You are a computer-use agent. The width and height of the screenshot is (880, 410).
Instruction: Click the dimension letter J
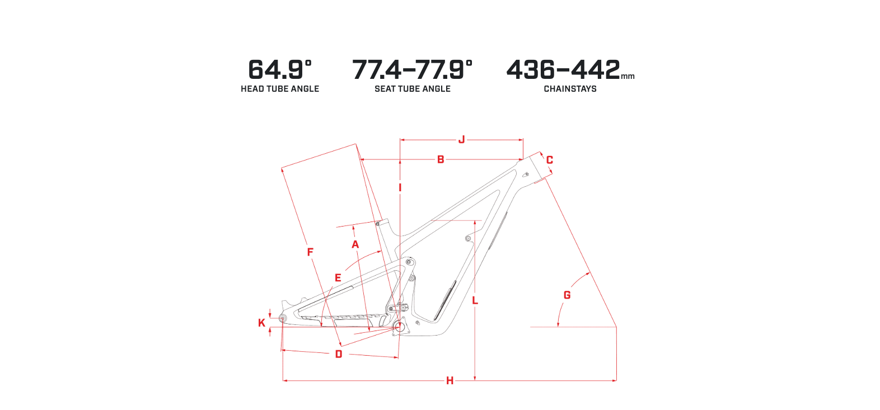(x=462, y=139)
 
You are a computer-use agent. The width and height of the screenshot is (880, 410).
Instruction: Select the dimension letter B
(x=441, y=159)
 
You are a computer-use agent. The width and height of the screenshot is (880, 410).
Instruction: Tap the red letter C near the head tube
(x=550, y=160)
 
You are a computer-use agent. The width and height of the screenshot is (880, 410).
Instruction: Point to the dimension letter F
(x=310, y=252)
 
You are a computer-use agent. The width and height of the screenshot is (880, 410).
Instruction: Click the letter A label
(x=355, y=244)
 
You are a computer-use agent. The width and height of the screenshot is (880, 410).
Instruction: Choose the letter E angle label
(x=338, y=278)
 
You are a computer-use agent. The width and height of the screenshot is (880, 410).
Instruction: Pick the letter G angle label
(x=567, y=295)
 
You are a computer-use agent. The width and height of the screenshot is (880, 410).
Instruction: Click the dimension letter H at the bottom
(x=450, y=380)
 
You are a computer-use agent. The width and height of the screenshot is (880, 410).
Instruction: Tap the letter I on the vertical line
(x=400, y=188)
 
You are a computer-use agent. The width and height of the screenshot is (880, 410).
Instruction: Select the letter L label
(x=475, y=301)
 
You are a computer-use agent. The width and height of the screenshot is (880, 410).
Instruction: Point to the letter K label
(x=261, y=323)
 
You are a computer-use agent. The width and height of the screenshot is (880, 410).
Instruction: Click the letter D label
(x=339, y=354)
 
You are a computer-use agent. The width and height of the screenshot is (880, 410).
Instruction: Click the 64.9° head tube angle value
(x=280, y=70)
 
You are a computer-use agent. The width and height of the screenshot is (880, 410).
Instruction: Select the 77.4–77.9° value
(x=412, y=70)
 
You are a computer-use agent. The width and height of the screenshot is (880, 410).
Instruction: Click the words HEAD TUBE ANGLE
(x=280, y=89)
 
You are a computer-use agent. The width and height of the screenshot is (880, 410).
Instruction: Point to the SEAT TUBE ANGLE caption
(x=413, y=89)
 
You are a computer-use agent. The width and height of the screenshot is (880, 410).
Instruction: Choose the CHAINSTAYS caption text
(x=570, y=89)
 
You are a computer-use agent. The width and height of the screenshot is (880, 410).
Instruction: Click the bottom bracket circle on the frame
(x=400, y=326)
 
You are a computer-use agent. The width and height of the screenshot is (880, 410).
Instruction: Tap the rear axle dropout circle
(x=283, y=318)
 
